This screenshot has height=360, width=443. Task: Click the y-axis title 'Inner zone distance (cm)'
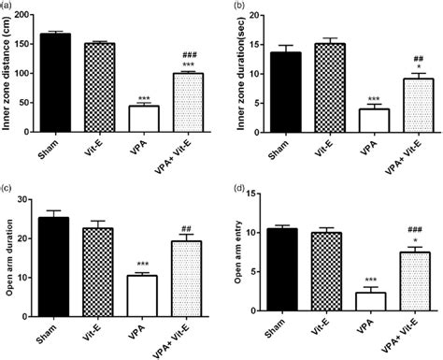click(x=8, y=69)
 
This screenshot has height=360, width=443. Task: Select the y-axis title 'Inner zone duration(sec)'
click(x=247, y=69)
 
